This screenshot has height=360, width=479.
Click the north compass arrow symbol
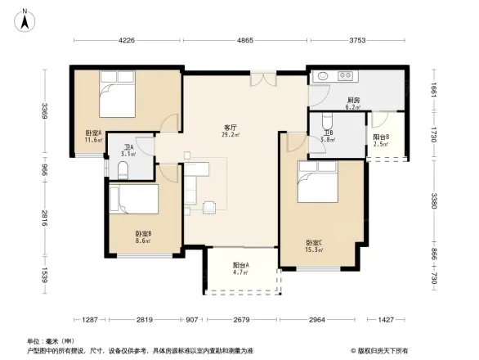25,14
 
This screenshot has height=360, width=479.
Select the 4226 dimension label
126,40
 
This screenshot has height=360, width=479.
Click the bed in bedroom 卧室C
317,182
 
